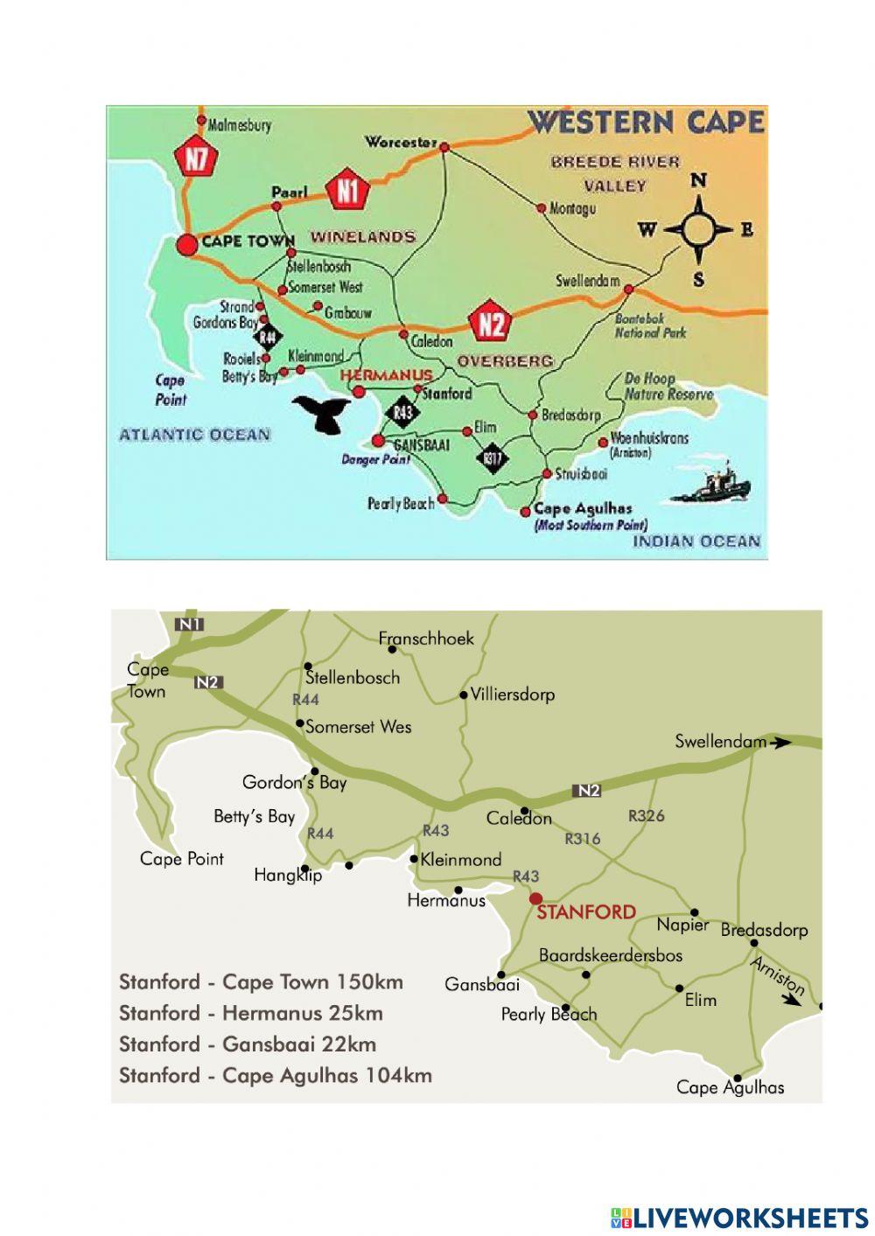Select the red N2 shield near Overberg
[x=490, y=323]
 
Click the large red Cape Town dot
[x=186, y=244]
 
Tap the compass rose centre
[x=698, y=230]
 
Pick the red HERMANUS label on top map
[x=385, y=374]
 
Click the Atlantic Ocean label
[x=194, y=434]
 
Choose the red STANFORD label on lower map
[x=586, y=912]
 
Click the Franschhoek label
[x=426, y=639]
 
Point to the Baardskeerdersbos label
[x=610, y=955]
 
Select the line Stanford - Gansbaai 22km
[x=248, y=1044]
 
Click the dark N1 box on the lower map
[x=189, y=624]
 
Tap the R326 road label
[x=646, y=815]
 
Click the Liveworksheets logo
[x=738, y=1217]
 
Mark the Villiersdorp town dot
[x=464, y=695]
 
